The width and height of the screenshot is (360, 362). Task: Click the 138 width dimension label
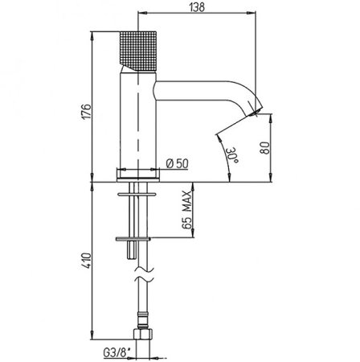click(x=197, y=7)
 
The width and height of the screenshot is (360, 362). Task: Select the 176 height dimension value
click(x=87, y=111)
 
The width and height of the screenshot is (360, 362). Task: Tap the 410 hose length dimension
click(x=87, y=261)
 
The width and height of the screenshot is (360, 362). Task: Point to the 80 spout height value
click(x=265, y=148)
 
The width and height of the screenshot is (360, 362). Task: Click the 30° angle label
click(x=233, y=154)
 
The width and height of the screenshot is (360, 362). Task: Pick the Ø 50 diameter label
click(x=177, y=163)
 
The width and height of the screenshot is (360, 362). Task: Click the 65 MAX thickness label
click(x=187, y=209)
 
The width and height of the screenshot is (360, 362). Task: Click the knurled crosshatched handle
click(x=137, y=51)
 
